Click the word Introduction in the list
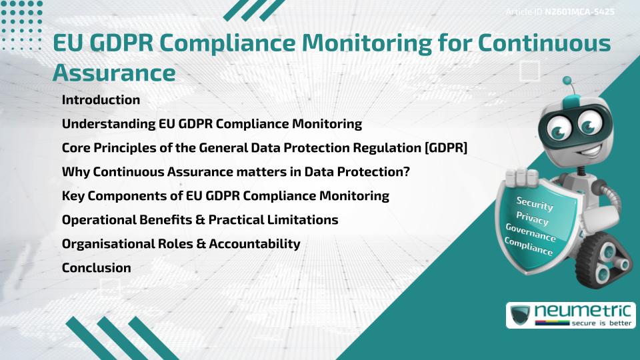click(x=101, y=100)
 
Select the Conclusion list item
click(x=96, y=268)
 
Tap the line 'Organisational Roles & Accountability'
click(x=181, y=244)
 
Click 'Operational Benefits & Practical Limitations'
click(x=200, y=220)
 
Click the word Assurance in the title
click(x=114, y=72)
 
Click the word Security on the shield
click(x=535, y=204)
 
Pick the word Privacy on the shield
click(x=532, y=219)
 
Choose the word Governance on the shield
click(x=531, y=233)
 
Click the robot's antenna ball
click(x=568, y=81)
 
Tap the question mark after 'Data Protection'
click(x=406, y=172)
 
